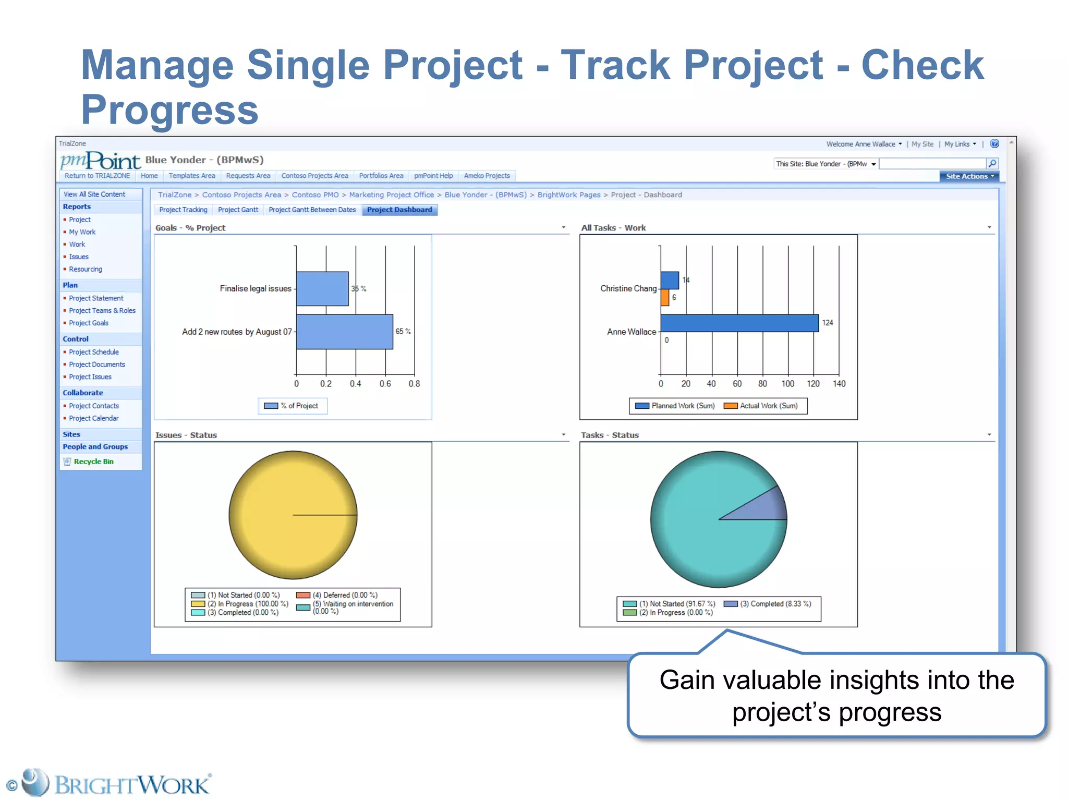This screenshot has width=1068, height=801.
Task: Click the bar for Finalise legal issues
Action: [322, 288]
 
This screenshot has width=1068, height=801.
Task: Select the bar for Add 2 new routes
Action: [344, 332]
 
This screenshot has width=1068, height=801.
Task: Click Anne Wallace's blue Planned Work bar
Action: [739, 323]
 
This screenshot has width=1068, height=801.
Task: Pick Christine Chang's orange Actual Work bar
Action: [665, 298]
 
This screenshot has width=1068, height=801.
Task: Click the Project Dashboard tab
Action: [399, 210]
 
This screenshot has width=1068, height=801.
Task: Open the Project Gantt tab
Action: [238, 210]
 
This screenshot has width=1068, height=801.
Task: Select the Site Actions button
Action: [969, 176]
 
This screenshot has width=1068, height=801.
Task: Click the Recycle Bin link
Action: [93, 462]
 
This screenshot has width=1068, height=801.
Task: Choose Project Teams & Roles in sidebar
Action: [102, 311]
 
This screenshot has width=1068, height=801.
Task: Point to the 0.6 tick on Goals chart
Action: [385, 384]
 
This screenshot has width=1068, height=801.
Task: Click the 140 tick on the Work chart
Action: [839, 384]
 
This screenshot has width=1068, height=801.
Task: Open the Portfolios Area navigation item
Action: [381, 176]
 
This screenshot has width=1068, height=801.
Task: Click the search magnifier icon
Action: [992, 164]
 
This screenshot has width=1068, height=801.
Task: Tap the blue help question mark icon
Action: [994, 144]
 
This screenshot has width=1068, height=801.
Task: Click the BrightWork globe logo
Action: [35, 783]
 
